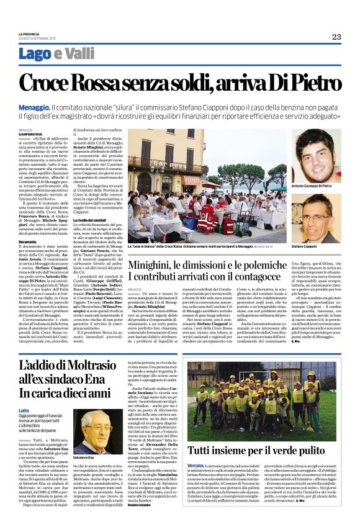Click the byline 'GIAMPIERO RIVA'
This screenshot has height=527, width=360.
32,133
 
